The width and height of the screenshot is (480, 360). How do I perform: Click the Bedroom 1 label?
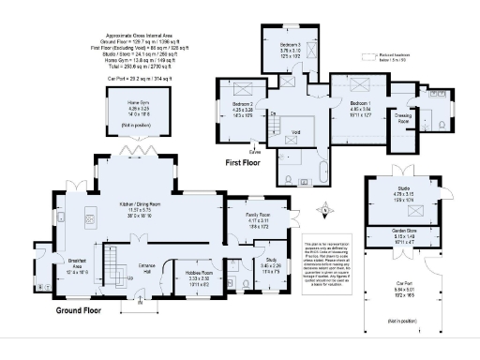(362, 105)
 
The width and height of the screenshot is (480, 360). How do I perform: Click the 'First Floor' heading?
(245, 160)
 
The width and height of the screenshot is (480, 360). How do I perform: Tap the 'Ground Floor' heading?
(78, 308)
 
